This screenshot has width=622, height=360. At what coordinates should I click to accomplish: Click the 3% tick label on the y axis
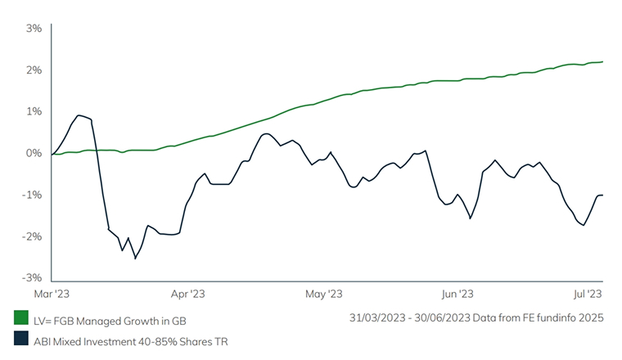pyautogui.click(x=34, y=28)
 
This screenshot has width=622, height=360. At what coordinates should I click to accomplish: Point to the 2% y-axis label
pyautogui.click(x=34, y=70)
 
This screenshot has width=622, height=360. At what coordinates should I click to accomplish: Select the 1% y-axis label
pyautogui.click(x=34, y=111)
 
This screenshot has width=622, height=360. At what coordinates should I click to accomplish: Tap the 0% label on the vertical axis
pyautogui.click(x=33, y=153)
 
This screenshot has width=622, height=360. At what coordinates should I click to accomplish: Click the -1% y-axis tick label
pyautogui.click(x=32, y=195)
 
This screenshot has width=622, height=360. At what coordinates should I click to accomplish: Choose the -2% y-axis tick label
pyautogui.click(x=32, y=236)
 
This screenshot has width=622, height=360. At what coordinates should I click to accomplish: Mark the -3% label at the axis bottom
pyautogui.click(x=32, y=278)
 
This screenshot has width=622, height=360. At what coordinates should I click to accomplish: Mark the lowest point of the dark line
pyautogui.click(x=135, y=259)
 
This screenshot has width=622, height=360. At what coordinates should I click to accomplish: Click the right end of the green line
pyautogui.click(x=603, y=61)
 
